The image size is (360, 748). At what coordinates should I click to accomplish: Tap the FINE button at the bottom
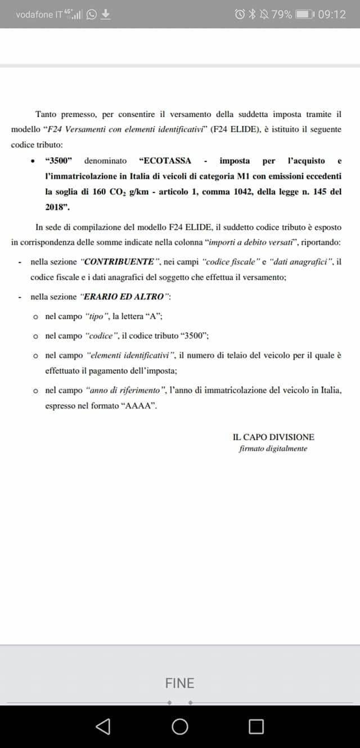point(179,683)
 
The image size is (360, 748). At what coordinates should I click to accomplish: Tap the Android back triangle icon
point(103,727)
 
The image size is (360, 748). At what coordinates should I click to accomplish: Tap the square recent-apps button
point(256,727)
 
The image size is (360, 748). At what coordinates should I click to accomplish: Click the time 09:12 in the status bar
point(332,14)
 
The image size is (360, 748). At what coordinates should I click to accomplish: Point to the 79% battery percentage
point(281,14)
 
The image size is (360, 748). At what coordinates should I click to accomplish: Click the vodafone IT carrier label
point(39,15)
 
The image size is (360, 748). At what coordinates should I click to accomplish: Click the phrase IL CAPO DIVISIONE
point(273,437)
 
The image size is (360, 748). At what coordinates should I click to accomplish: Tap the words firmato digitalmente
point(273,449)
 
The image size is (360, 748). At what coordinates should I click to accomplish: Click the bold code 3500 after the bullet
point(58,160)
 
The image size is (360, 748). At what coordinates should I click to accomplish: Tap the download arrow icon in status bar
point(105,14)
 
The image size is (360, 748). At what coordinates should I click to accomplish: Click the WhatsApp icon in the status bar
point(92,14)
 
